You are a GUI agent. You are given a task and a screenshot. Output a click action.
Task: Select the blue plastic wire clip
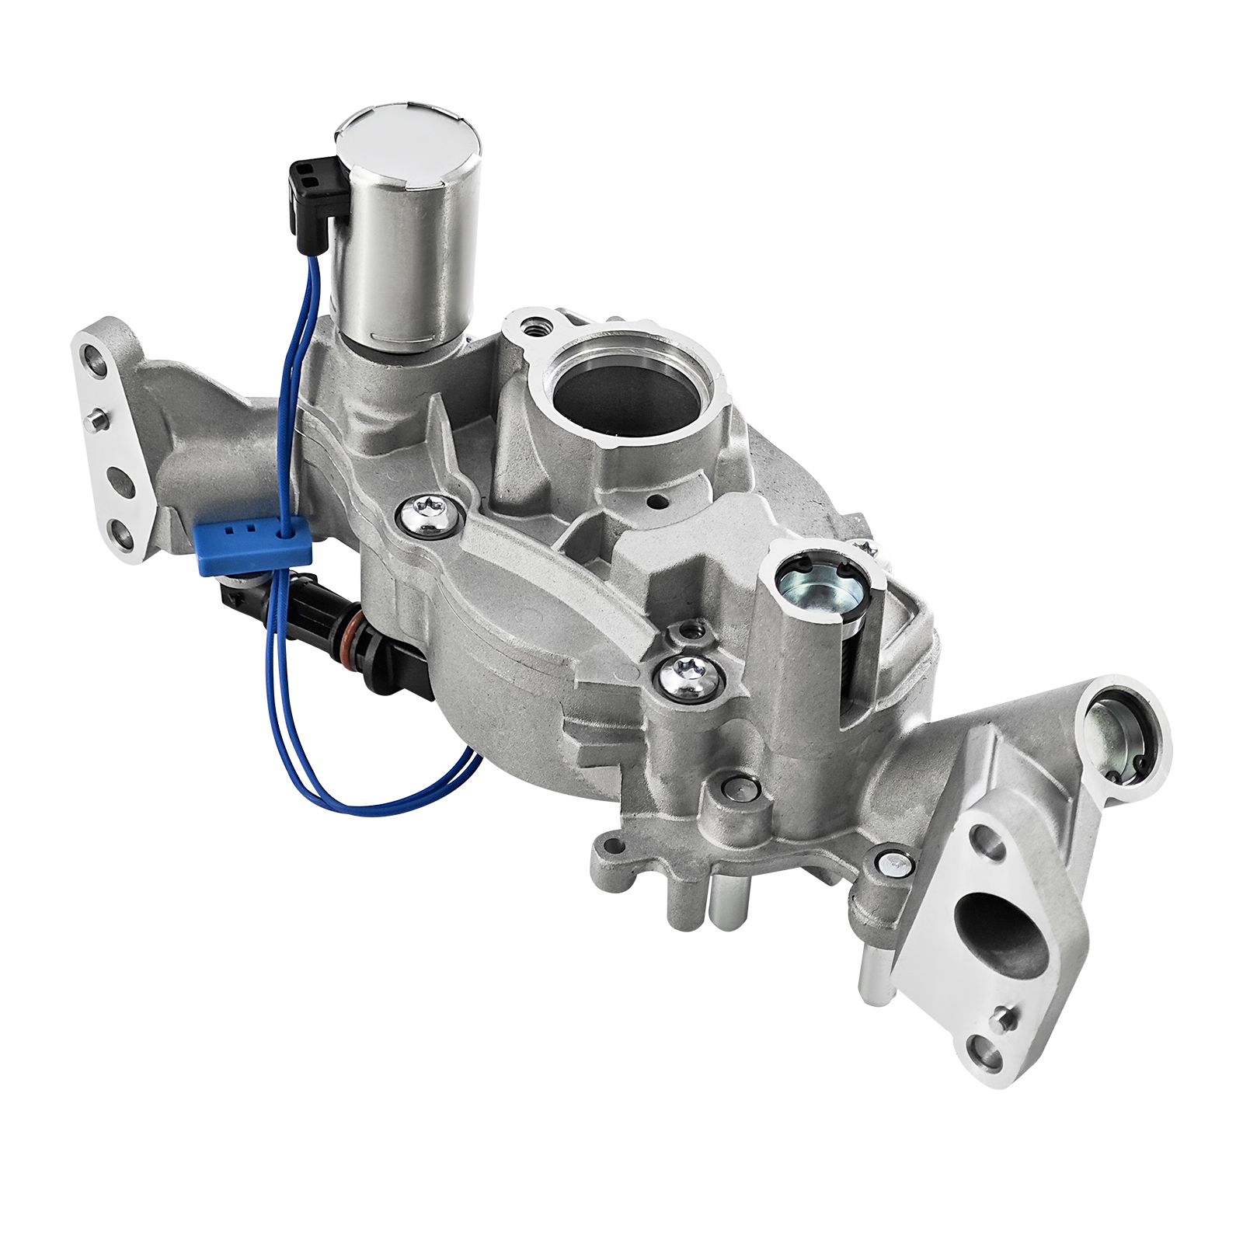tap(252, 545)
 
